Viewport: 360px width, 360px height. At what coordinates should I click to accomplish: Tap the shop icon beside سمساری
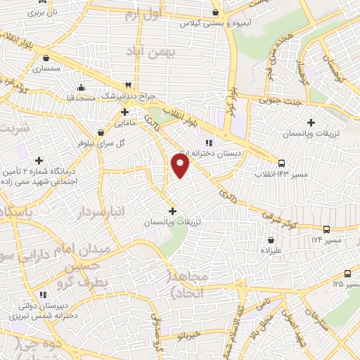(46, 58)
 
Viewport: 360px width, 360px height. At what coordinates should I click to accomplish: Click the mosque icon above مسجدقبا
(82, 87)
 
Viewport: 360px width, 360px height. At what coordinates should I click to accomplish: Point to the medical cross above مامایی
(124, 111)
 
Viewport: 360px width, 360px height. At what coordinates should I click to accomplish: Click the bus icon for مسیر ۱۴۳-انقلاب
(281, 161)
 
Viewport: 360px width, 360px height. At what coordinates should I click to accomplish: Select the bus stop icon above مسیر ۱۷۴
(326, 229)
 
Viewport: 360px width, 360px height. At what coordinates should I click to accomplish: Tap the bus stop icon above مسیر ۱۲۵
(347, 274)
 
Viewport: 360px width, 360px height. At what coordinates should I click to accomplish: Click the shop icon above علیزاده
(270, 239)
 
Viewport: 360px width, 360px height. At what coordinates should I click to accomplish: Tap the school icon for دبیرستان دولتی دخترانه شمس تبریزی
(44, 294)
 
